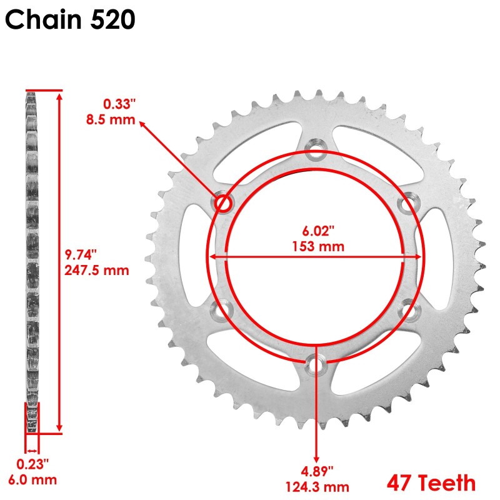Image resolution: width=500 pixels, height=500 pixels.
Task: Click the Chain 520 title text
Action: (69, 20)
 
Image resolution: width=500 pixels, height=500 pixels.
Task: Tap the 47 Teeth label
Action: (431, 483)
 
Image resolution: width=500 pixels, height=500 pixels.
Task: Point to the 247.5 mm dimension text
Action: (97, 270)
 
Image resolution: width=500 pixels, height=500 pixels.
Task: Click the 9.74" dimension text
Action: (81, 254)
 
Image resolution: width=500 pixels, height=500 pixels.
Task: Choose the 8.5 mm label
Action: (111, 119)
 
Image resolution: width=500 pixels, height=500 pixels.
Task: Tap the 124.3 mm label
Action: (316, 486)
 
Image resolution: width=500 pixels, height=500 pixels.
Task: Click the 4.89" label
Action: (316, 470)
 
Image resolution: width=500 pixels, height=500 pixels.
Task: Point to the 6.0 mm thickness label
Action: (32, 480)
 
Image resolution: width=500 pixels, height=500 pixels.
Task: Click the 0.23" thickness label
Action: (32, 464)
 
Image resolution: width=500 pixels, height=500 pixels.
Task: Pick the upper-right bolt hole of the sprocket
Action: (408, 202)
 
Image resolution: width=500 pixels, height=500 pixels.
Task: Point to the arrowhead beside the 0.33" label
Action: (142, 123)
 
